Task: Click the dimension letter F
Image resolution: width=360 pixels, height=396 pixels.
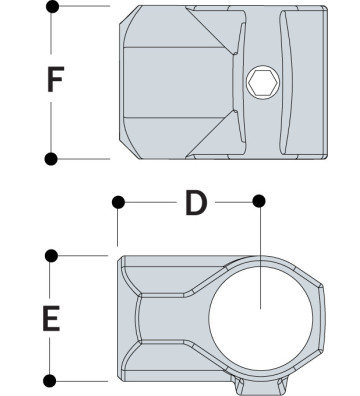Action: [57, 80]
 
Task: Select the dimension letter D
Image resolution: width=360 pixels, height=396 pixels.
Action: [195, 204]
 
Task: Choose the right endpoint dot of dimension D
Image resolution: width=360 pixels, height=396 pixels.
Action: [260, 202]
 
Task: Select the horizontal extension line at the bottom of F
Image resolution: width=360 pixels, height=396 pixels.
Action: [85, 157]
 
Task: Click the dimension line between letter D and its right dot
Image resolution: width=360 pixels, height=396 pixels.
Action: [236, 202]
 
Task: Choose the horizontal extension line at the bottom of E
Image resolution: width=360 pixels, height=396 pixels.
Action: [85, 380]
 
